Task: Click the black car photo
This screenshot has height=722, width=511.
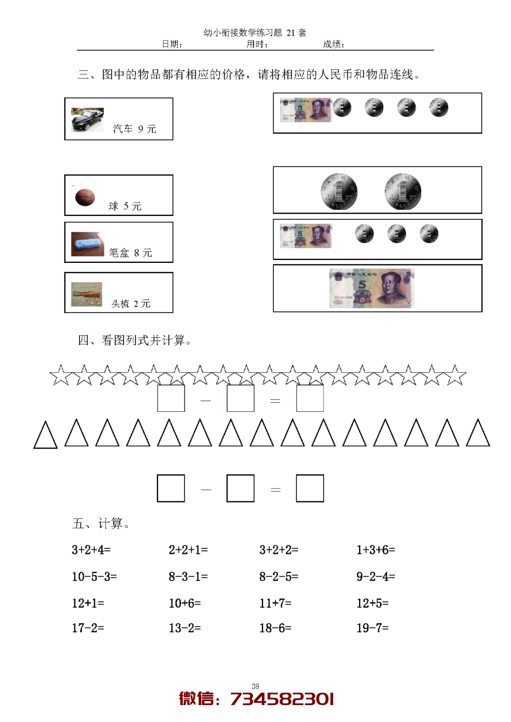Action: (x=88, y=120)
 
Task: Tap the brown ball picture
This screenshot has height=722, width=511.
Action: (x=85, y=197)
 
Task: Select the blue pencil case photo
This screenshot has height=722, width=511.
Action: (x=88, y=244)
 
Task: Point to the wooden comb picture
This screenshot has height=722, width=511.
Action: (x=87, y=294)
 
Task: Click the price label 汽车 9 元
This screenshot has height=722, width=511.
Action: (x=134, y=129)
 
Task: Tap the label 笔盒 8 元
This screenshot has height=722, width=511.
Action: (x=130, y=253)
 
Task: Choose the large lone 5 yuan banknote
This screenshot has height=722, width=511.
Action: (x=371, y=288)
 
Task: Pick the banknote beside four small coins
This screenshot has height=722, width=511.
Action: (x=305, y=109)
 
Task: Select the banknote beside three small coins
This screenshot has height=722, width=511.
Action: (x=305, y=235)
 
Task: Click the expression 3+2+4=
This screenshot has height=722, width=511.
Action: (x=91, y=549)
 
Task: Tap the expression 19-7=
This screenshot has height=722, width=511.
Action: (x=373, y=627)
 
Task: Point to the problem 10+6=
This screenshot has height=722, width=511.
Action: (x=185, y=603)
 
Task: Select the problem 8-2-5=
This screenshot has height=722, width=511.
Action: (x=279, y=576)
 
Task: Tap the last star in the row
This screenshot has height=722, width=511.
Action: (x=455, y=375)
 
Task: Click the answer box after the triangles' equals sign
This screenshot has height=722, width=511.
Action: (x=310, y=488)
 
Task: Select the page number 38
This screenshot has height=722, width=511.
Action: (x=255, y=686)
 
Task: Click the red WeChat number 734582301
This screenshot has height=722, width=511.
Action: (x=282, y=699)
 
